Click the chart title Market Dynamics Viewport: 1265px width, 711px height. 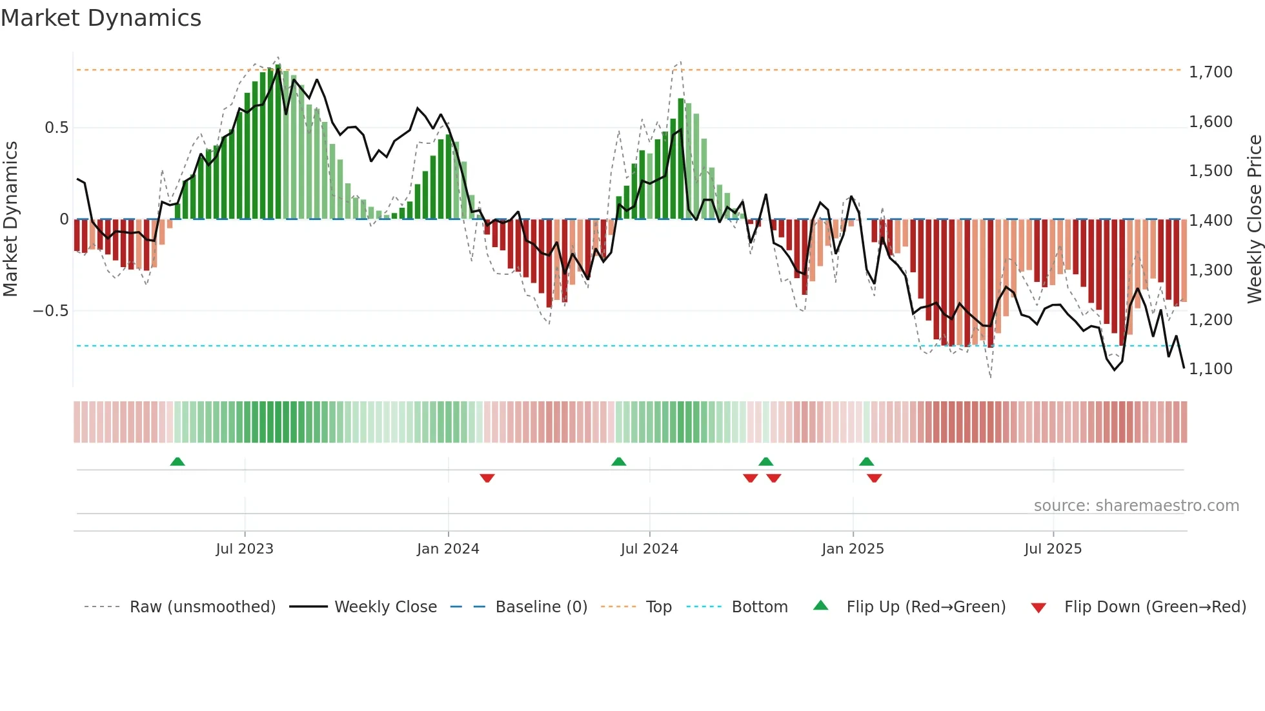click(101, 18)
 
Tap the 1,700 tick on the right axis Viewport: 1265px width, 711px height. click(1210, 72)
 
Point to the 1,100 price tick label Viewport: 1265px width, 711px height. click(1210, 368)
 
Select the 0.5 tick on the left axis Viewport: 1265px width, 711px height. click(56, 128)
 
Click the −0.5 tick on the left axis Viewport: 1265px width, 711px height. click(50, 311)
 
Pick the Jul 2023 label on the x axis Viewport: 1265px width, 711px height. click(245, 549)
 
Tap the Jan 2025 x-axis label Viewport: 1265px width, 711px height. click(853, 549)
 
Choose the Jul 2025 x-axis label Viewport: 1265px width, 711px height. click(1053, 549)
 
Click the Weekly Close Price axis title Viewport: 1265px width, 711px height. click(1254, 219)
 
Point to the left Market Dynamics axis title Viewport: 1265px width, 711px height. click(10, 219)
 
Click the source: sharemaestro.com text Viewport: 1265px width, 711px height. click(1136, 506)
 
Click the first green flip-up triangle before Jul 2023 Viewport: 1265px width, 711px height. click(177, 461)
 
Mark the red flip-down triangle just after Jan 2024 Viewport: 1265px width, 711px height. click(487, 478)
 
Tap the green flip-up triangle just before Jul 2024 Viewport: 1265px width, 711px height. click(618, 461)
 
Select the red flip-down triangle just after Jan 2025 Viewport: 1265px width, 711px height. click(875, 478)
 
